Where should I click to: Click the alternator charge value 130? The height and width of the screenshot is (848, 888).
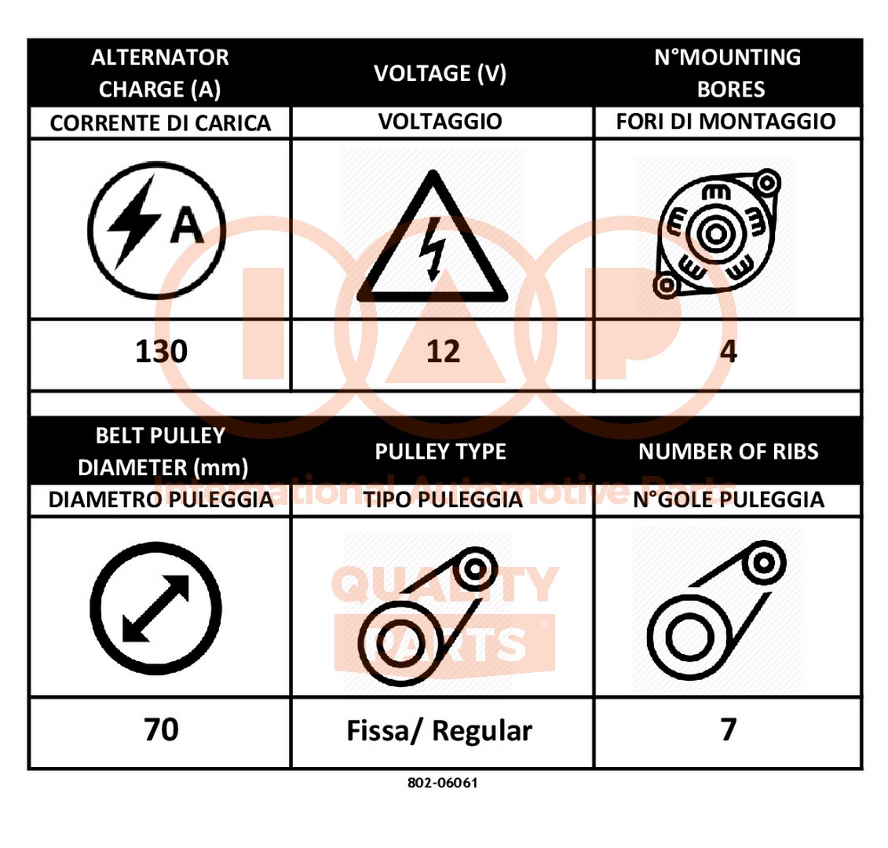pyautogui.click(x=162, y=351)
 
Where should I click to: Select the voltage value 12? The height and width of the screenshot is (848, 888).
pyautogui.click(x=443, y=351)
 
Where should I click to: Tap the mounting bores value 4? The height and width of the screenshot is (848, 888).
pyautogui.click(x=729, y=351)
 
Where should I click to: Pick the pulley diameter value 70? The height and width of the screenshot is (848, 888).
pyautogui.click(x=162, y=729)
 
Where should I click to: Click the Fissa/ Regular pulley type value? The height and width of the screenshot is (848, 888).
pyautogui.click(x=440, y=731)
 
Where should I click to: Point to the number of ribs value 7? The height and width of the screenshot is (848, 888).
pyautogui.click(x=729, y=729)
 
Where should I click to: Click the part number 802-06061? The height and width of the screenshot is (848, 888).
pyautogui.click(x=443, y=783)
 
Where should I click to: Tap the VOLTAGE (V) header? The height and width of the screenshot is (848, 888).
pyautogui.click(x=440, y=74)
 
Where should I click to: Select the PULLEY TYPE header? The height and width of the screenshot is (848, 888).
pyautogui.click(x=440, y=451)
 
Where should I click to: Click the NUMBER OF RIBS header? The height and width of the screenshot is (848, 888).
pyautogui.click(x=729, y=451)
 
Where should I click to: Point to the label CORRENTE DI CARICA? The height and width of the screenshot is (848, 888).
pyautogui.click(x=160, y=123)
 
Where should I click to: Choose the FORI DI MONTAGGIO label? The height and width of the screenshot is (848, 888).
pyautogui.click(x=726, y=121)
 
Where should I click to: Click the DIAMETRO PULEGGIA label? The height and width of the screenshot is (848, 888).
pyautogui.click(x=161, y=499)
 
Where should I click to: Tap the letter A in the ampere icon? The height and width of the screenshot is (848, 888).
pyautogui.click(x=187, y=225)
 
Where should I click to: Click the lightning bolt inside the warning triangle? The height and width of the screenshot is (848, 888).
pyautogui.click(x=433, y=249)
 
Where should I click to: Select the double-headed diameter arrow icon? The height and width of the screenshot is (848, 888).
pyautogui.click(x=155, y=609)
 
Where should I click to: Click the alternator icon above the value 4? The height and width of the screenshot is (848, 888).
pyautogui.click(x=717, y=233)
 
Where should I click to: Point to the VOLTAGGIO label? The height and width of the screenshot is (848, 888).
pyautogui.click(x=440, y=121)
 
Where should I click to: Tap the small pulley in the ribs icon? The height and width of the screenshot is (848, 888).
pyautogui.click(x=763, y=563)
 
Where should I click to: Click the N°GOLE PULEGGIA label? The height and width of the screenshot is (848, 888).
pyautogui.click(x=729, y=499)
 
